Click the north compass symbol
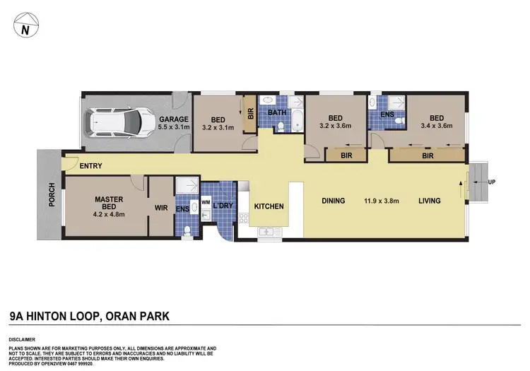click(x=25, y=29)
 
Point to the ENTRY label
click(x=91, y=167)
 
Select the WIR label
click(x=161, y=209)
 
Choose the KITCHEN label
click(x=269, y=207)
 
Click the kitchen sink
click(x=267, y=231)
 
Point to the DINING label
click(x=334, y=201)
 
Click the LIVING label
click(x=429, y=201)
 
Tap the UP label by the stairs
click(x=491, y=182)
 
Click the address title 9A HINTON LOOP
click(x=53, y=316)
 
